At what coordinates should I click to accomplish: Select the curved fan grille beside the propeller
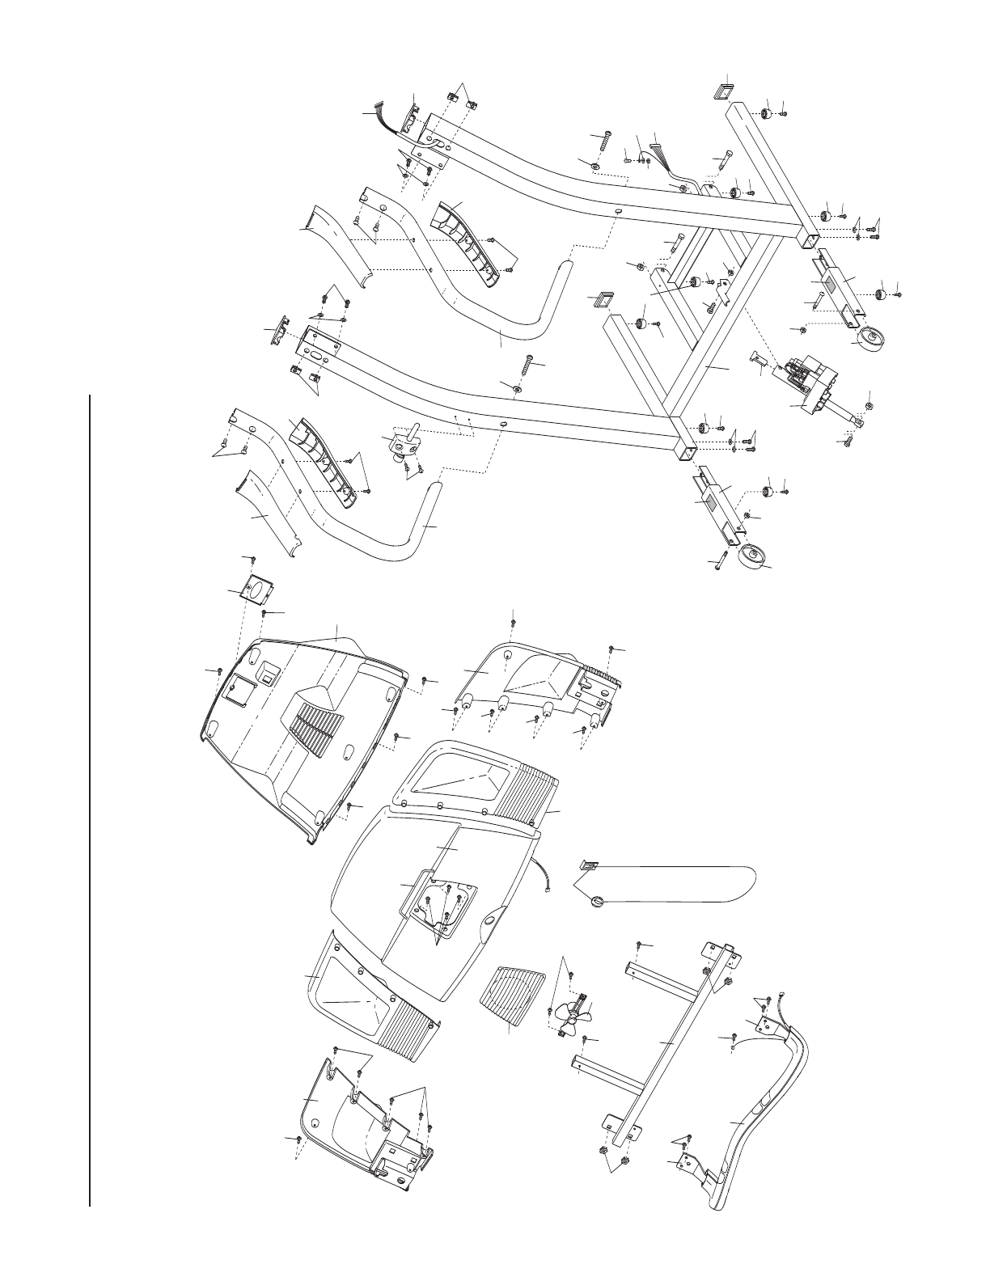[x=511, y=1001]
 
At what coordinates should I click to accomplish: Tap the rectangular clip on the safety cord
[x=587, y=866]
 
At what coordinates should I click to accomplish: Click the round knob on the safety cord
[x=598, y=900]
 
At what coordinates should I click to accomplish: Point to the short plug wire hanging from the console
[x=542, y=878]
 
